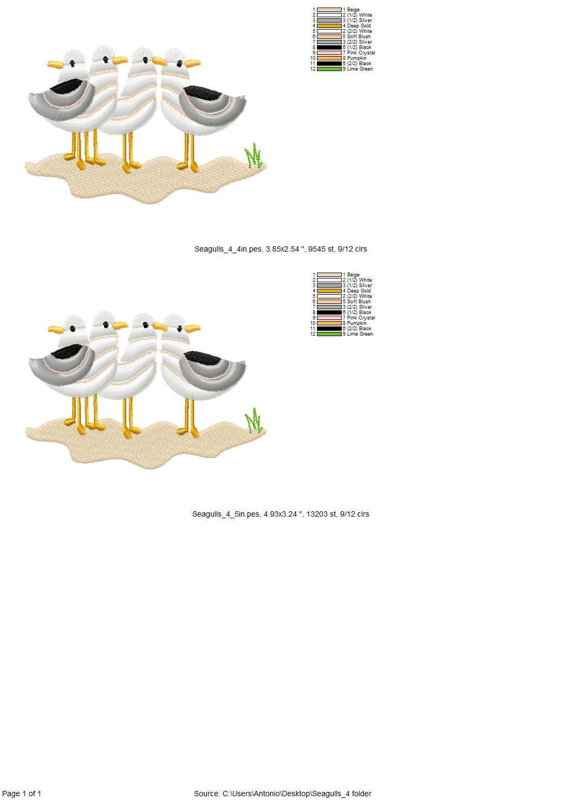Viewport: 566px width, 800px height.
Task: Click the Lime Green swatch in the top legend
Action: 329,69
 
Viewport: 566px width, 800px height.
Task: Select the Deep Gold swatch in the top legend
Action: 329,26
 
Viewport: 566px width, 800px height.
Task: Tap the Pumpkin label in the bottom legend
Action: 357,323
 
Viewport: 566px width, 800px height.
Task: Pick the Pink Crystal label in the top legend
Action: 361,52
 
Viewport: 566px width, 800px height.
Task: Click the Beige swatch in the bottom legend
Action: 329,275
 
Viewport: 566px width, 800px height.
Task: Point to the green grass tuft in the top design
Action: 254,155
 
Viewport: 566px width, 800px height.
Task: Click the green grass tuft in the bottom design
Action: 254,420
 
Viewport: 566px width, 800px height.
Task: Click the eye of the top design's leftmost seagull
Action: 72,64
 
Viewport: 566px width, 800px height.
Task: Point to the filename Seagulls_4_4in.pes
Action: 228,249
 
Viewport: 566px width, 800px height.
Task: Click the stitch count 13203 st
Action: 321,514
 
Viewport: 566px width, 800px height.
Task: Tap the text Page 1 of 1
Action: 22,794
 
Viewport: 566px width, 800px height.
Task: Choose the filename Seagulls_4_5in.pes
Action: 226,514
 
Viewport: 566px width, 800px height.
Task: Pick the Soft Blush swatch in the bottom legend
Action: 329,302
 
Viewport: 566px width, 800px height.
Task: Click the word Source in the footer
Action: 206,794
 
